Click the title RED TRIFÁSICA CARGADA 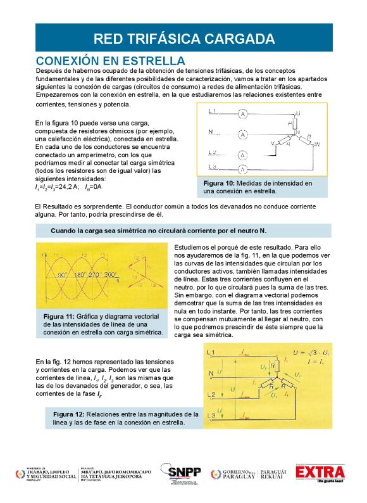pos(183,38)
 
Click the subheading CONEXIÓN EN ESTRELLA pos(110,60)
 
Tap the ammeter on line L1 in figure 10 pos(242,114)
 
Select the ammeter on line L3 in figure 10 pos(242,169)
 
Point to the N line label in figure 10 pos(210,132)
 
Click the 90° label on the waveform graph pos(63,276)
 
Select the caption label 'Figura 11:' pos(59,316)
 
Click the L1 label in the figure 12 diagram pos(212,351)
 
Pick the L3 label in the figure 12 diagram pos(212,415)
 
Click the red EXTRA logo pos(320,473)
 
